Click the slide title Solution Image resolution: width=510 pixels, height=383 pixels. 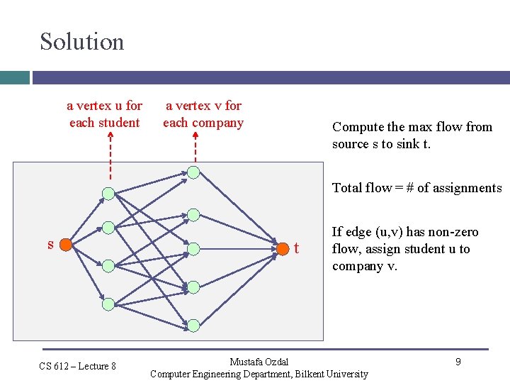coord(81,41)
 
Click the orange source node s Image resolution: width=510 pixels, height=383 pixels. coord(65,245)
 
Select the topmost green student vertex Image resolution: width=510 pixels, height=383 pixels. coord(108,193)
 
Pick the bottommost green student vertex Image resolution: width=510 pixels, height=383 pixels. coord(108,304)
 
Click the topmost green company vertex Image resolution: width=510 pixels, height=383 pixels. coord(193,172)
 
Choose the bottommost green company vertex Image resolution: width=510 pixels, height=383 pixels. coord(193,325)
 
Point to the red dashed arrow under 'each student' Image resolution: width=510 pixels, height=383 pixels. coord(110,156)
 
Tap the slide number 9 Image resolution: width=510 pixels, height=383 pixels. coord(458,362)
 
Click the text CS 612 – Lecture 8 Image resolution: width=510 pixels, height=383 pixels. coord(77,366)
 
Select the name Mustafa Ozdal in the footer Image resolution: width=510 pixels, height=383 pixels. coord(259,362)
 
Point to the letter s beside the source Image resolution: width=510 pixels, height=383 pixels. coord(50,245)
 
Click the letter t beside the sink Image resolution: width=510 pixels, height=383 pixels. coord(296,248)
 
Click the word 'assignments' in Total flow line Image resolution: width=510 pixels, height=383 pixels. coord(465,188)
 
